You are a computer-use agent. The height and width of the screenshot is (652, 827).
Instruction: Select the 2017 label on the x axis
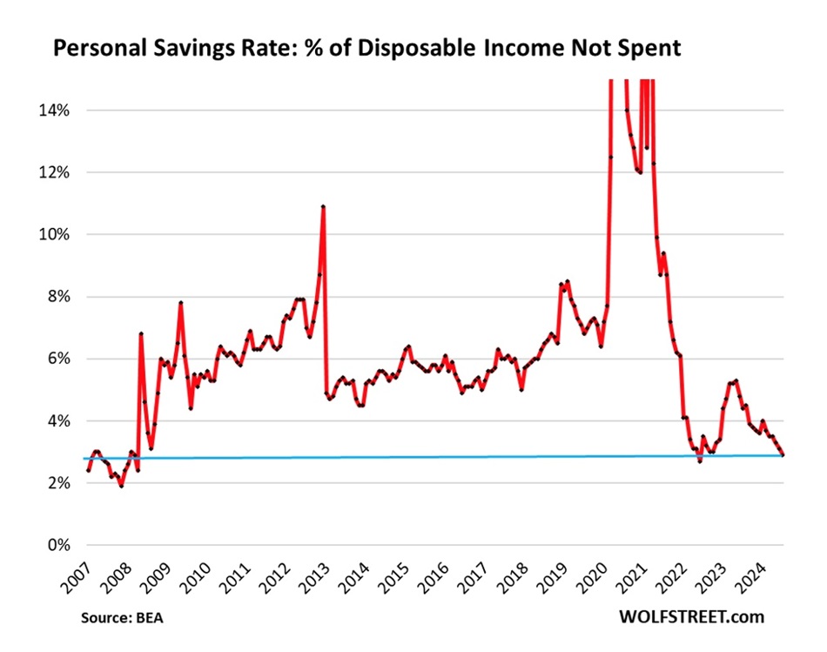point(474,575)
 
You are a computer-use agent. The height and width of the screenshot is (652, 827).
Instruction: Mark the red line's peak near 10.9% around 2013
point(323,207)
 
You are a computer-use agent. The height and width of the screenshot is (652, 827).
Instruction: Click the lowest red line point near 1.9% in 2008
point(121,486)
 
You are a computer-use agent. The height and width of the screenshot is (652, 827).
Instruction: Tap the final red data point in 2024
point(783,454)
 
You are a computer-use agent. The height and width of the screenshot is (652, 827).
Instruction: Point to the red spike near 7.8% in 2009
point(180,303)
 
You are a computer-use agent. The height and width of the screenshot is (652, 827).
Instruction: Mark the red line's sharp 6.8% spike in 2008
point(141,334)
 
